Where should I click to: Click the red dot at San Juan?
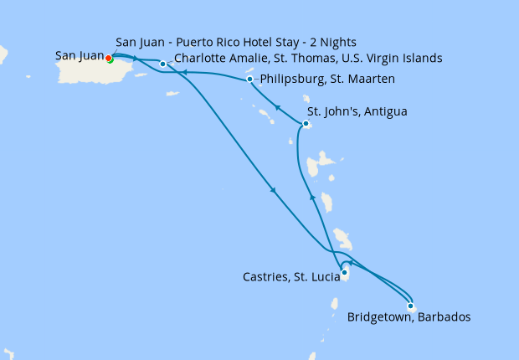109,58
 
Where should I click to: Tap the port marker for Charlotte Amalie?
162,64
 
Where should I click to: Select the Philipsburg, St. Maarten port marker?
250,80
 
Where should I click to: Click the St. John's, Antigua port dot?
306,125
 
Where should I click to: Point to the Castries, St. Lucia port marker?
344,271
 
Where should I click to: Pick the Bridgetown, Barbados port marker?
410,306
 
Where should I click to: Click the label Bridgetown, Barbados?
408,318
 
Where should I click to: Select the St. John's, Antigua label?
357,111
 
